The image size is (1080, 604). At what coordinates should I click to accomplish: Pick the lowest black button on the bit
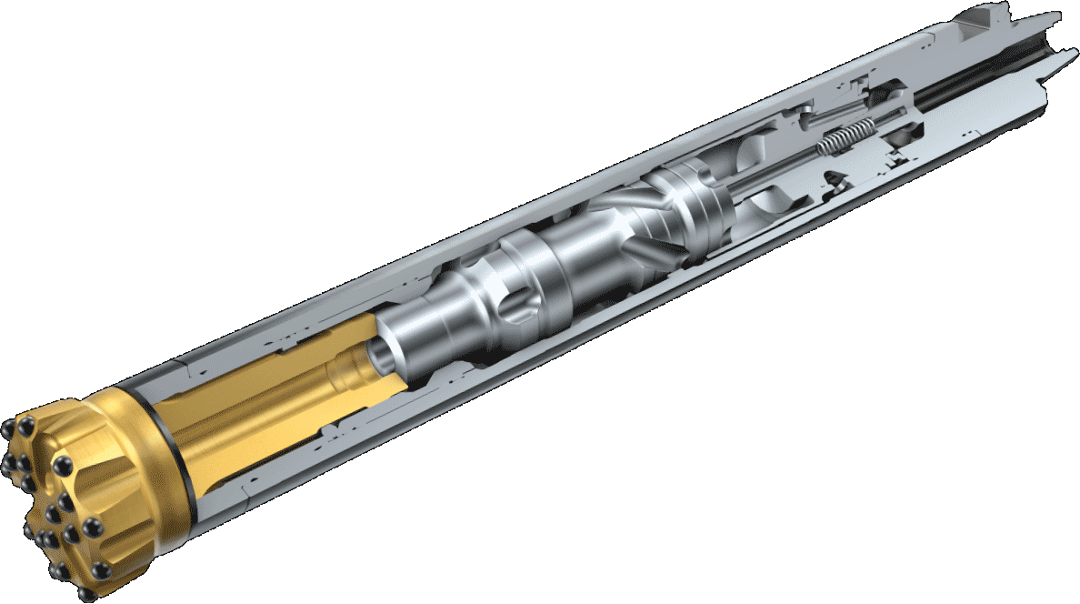[86, 593]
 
